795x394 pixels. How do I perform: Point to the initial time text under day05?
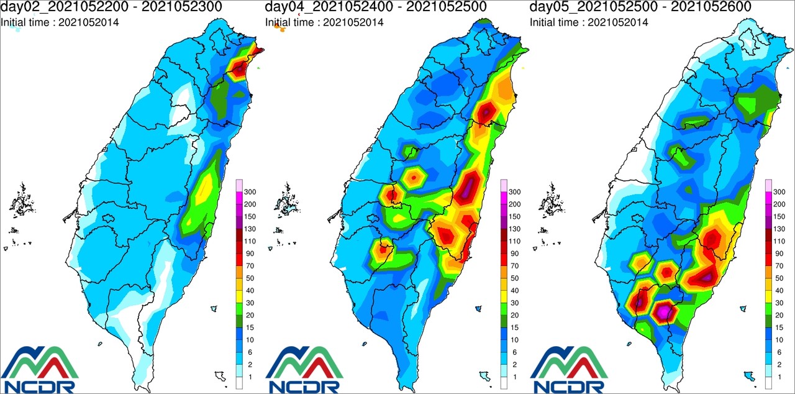pos(589,22)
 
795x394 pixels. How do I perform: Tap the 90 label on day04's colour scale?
pos(514,254)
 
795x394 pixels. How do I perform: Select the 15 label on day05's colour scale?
pos(779,327)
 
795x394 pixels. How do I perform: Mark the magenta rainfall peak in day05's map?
pos(663,310)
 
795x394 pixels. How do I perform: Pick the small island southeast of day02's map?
pos(214,308)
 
